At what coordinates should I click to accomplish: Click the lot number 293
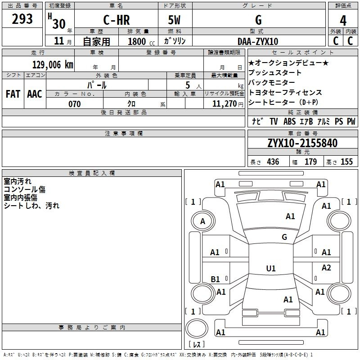[22, 19]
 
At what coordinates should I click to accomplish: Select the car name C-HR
[117, 20]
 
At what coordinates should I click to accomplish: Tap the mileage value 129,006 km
[53, 64]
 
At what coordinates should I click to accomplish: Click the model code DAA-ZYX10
[258, 41]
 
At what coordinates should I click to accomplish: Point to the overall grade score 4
[343, 21]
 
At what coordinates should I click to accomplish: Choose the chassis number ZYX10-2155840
[302, 143]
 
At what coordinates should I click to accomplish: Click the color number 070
[75, 104]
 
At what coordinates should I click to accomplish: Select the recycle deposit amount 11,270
[224, 104]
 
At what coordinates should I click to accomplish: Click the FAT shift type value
[13, 94]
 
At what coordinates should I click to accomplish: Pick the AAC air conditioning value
[35, 94]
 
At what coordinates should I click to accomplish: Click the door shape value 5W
[174, 20]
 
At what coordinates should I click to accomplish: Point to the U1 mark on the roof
[271, 268]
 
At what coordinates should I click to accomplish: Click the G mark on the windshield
[284, 237]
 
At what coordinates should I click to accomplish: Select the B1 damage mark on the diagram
[216, 279]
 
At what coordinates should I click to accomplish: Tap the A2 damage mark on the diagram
[326, 267]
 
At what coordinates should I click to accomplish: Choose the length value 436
[273, 162]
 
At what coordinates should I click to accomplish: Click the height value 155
[346, 162]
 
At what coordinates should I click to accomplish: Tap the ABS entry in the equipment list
[289, 121]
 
